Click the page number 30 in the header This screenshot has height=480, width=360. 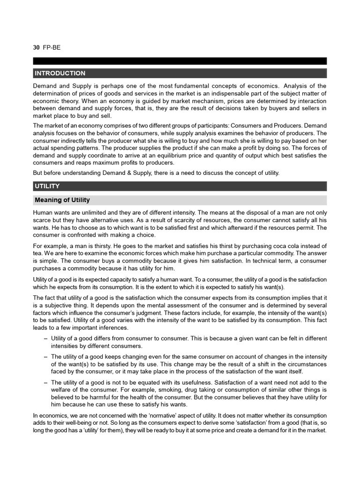36,48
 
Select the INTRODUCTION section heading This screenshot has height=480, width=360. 60,73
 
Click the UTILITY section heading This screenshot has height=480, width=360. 47,186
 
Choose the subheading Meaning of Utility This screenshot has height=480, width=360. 62,200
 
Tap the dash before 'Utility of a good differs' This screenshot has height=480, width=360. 45,338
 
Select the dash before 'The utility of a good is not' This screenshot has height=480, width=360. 45,382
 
